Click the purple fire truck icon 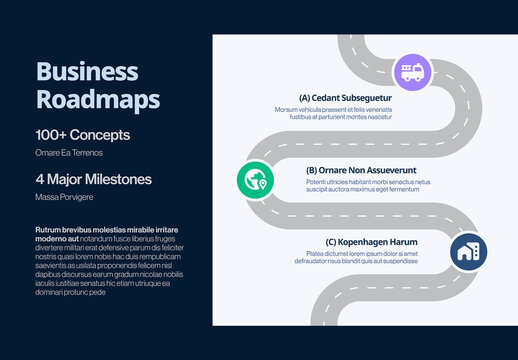[x=411, y=72]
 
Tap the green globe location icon [x=256, y=181]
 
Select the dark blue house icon [x=467, y=252]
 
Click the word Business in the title [x=87, y=72]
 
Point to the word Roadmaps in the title [x=98, y=99]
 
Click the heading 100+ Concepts [x=83, y=134]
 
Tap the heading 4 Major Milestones [x=94, y=179]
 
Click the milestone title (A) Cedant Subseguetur [x=345, y=98]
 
